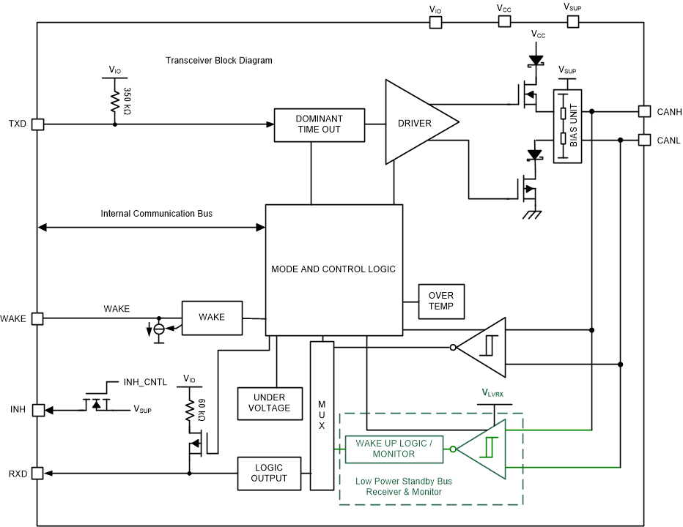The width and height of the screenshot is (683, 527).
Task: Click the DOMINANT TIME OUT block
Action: pos(319,124)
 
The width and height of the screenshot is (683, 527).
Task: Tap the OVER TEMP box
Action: pos(441,300)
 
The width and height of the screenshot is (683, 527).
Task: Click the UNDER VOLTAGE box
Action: pos(270,403)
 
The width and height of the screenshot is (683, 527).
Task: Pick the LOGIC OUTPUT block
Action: pos(268,474)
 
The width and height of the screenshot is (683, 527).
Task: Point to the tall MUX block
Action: pos(322,415)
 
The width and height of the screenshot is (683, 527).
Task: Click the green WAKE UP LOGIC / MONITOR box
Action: pos(394,449)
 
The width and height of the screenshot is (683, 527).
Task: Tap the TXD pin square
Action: pos(38,124)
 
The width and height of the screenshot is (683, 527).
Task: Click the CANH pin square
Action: pos(644,111)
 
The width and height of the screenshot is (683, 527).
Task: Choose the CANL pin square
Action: pos(644,139)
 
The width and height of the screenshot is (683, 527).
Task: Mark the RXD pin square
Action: pos(38,474)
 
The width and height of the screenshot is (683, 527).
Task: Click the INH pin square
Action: pos(38,409)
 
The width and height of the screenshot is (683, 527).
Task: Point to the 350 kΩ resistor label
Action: pos(127,100)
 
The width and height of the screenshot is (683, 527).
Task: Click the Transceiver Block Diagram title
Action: pos(219,61)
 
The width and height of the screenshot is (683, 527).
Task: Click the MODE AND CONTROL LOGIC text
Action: pos(333,269)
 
